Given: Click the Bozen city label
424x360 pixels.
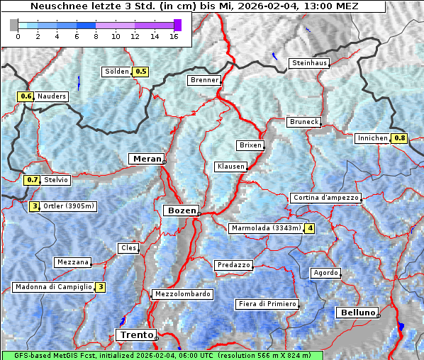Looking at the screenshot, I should tap(181, 210).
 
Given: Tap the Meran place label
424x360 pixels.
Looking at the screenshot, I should tap(145, 159).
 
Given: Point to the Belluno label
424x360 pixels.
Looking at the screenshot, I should tap(357, 313).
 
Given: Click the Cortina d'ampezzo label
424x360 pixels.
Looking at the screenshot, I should tap(325, 198).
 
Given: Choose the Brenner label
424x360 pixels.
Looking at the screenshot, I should tap(204, 80).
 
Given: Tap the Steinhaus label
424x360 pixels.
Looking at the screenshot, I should tap(310, 63).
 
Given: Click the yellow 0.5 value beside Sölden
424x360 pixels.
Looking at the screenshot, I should tap(141, 72).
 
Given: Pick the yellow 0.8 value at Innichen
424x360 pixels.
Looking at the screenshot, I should tap(401, 138).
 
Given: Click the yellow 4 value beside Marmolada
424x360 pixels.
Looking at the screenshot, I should tap(310, 228).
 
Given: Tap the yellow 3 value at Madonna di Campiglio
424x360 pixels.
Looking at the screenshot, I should tap(101, 287).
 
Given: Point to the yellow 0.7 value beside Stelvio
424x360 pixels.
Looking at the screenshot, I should tap(32, 180).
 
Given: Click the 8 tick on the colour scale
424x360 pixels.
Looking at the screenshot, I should tap(96, 36).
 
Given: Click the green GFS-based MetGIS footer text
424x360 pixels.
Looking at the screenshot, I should tap(162, 355).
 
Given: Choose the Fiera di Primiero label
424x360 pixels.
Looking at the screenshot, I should tap(267, 304).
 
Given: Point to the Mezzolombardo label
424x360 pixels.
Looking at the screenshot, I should tap(182, 293).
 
